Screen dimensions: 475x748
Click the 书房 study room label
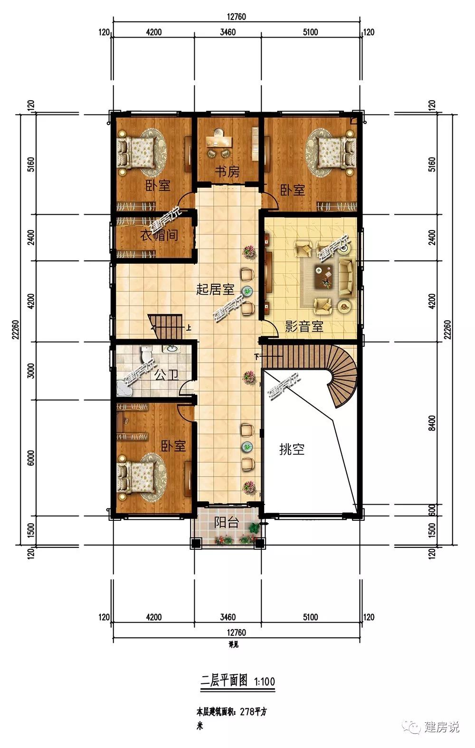227,172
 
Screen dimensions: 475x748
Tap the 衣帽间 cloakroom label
159,235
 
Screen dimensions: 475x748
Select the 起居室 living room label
215,289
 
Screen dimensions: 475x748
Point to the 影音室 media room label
304,326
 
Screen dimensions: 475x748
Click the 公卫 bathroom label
167,375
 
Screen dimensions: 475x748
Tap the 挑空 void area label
292,450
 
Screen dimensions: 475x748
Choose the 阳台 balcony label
226,522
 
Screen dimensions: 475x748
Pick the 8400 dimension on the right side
432,423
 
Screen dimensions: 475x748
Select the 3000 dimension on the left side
31,370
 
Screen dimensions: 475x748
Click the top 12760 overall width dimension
236,16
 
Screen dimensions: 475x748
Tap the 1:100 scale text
265,681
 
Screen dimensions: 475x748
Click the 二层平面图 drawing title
224,680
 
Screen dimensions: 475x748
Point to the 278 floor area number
247,712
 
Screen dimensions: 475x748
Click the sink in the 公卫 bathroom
171,349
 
